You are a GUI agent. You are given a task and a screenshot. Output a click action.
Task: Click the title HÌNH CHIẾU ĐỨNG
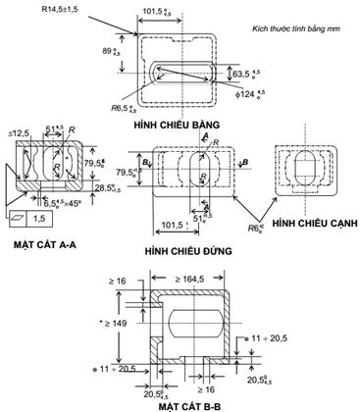click(x=186, y=251)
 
